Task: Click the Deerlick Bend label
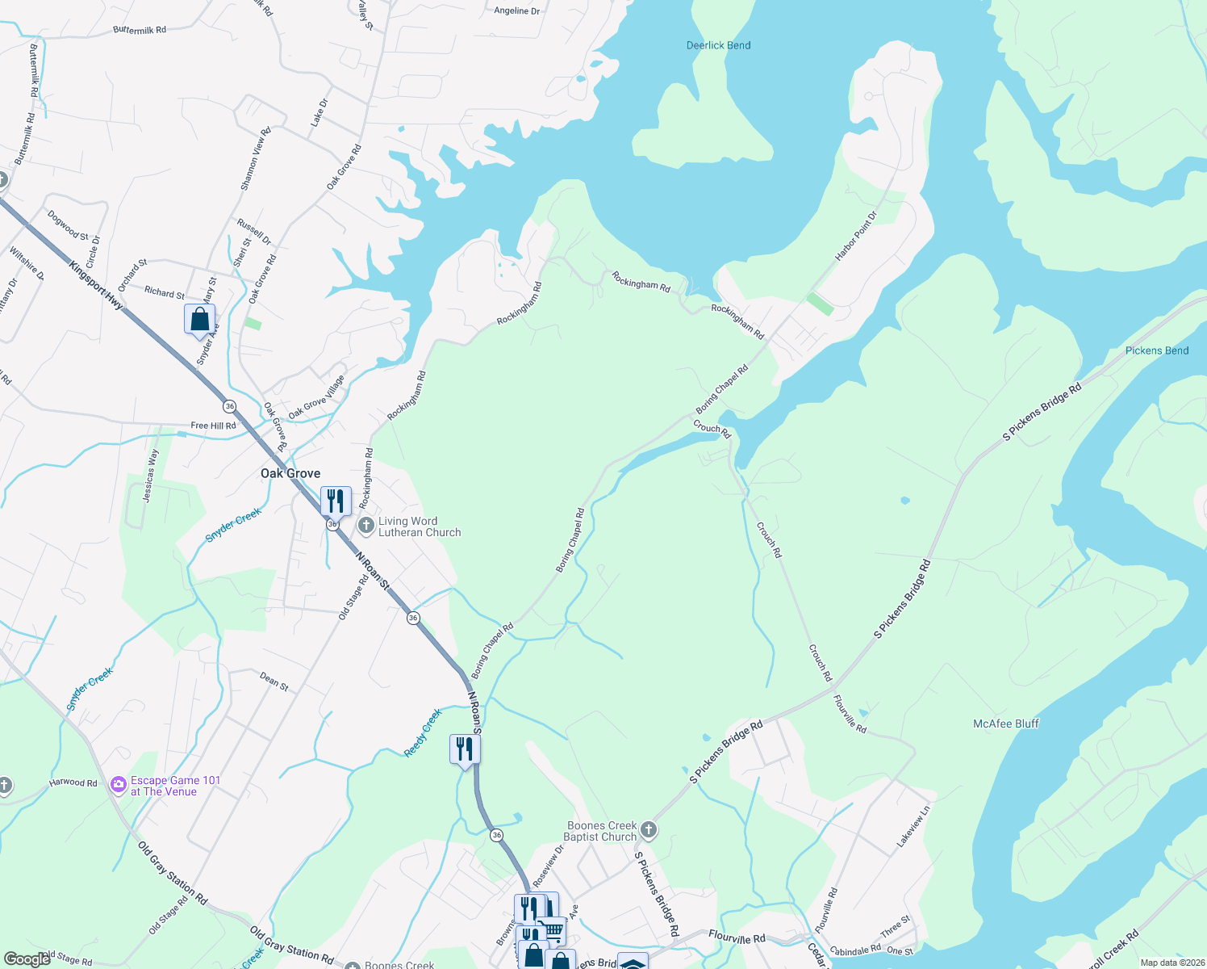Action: [718, 45]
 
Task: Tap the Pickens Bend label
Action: [1157, 350]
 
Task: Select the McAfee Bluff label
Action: [1006, 724]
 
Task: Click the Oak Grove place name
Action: [290, 473]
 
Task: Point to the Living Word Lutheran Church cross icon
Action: [366, 526]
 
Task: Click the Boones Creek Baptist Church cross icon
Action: [649, 830]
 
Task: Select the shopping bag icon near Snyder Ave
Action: [199, 319]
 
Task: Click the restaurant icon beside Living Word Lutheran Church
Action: [336, 501]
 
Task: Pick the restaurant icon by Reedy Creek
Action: [465, 749]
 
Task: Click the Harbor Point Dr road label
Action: [856, 237]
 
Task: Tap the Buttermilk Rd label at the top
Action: [140, 30]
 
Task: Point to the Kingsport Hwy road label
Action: [96, 285]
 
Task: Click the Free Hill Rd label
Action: [213, 426]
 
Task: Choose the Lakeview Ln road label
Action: [914, 826]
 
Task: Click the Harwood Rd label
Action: [73, 782]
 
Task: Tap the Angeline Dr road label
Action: [517, 11]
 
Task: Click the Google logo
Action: [27, 959]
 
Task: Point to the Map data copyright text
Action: [1172, 963]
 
